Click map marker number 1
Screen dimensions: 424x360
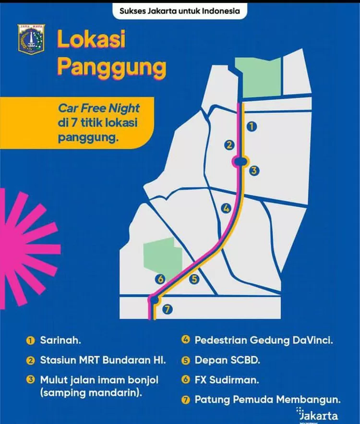[x=251, y=126]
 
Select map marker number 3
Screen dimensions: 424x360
[x=254, y=170]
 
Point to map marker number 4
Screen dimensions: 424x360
[x=226, y=208]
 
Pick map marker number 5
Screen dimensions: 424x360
[x=194, y=279]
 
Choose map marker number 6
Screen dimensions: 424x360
[x=160, y=279]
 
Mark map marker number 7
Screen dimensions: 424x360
[x=167, y=309]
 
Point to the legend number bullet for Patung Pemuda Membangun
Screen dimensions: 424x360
[x=185, y=399]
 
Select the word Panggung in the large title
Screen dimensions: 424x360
[x=111, y=67]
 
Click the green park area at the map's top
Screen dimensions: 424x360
[x=261, y=77]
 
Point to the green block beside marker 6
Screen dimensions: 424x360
[x=162, y=257]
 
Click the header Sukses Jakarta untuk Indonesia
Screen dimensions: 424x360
[x=180, y=10]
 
